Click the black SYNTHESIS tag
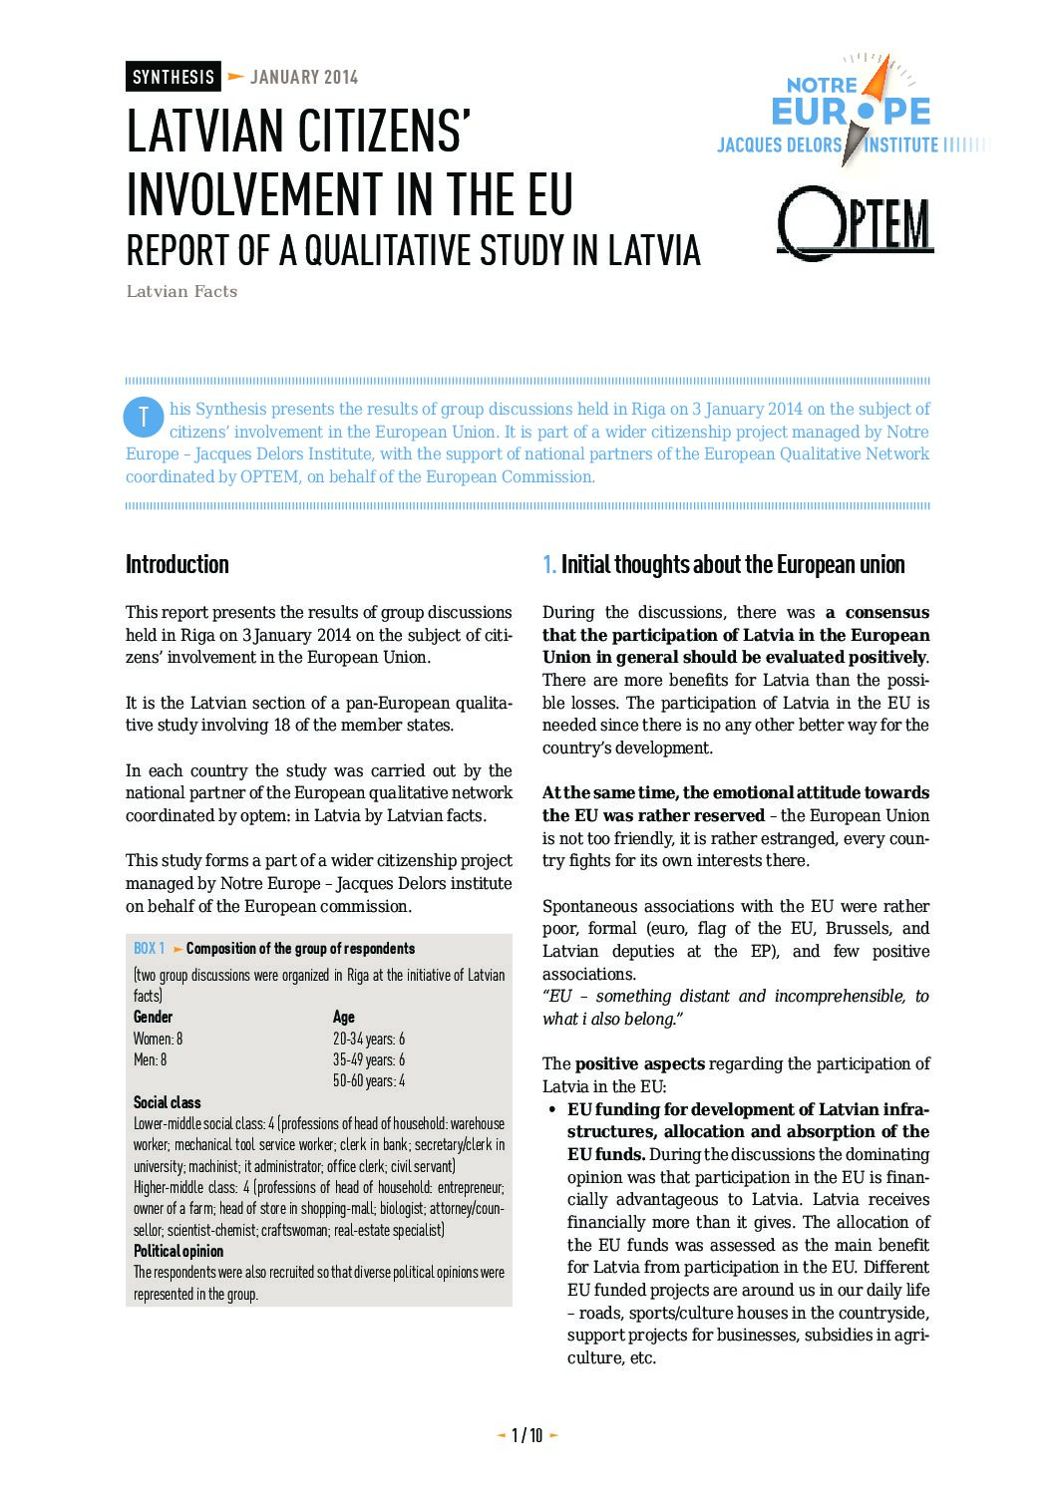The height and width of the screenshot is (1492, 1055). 173,77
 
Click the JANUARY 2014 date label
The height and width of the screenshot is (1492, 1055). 303,77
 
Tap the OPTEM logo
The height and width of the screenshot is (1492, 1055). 855,222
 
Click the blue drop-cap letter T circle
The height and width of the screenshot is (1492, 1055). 144,418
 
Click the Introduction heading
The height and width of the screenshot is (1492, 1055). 177,565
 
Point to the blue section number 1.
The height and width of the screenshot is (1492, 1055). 548,565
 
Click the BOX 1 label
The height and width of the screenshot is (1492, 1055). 150,949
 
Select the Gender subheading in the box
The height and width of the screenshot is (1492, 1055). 154,1018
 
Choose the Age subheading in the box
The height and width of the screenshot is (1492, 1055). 344,1018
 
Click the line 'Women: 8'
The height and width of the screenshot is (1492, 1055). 159,1039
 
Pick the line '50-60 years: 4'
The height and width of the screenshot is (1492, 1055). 369,1081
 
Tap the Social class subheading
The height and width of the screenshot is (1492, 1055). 168,1102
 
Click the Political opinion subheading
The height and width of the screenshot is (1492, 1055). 178,1251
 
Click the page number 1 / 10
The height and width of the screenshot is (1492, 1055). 527,1435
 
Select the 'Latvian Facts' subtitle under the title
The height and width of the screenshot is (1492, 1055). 181,292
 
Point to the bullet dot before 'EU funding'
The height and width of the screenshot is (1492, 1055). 551,1110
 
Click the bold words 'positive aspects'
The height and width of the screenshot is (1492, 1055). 639,1064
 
